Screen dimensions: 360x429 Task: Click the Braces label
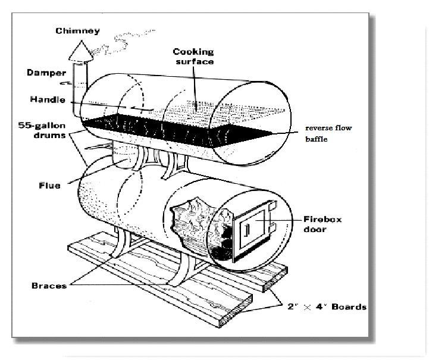(x=49, y=286)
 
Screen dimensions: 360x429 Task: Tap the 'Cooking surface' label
(x=194, y=57)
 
